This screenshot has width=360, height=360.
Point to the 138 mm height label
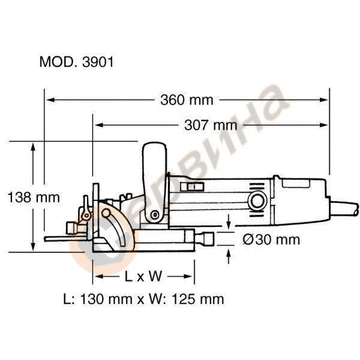pyautogui.click(x=31, y=196)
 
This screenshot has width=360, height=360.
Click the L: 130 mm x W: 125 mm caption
pyautogui.click(x=143, y=298)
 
